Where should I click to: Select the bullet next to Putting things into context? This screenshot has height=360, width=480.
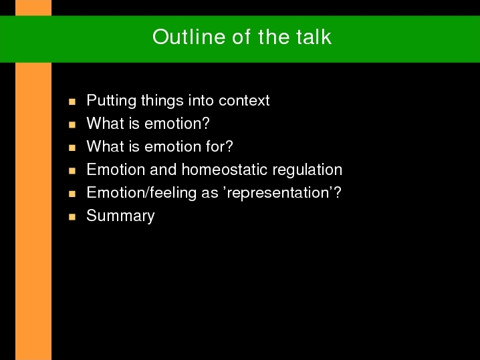[x=72, y=102]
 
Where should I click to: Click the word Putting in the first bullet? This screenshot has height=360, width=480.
[x=111, y=101]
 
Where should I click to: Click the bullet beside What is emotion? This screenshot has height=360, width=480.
[x=72, y=125]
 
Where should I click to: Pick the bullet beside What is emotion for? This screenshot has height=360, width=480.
[x=72, y=148]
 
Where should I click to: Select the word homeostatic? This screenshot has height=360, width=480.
[x=225, y=170]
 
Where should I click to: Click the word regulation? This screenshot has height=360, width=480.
[x=307, y=170]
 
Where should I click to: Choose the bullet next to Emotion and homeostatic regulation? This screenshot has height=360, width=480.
[x=72, y=171]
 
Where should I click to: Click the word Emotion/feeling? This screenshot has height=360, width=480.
[x=141, y=193]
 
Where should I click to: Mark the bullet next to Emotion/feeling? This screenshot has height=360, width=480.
[x=72, y=194]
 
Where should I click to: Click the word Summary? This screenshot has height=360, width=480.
[x=120, y=216]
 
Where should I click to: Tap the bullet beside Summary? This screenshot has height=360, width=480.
[x=72, y=217]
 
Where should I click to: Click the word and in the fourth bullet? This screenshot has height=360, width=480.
[x=163, y=170]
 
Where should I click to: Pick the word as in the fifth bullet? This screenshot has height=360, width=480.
[x=210, y=194]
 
